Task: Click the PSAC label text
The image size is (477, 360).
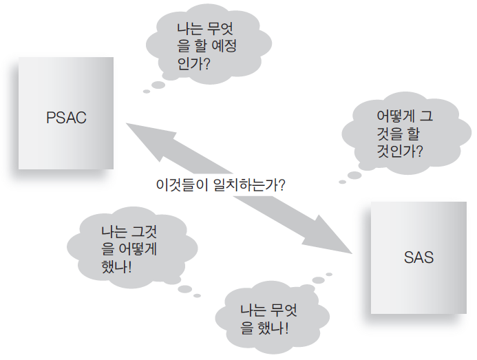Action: pyautogui.click(x=65, y=116)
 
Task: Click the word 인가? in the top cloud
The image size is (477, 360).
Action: pyautogui.click(x=193, y=65)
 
